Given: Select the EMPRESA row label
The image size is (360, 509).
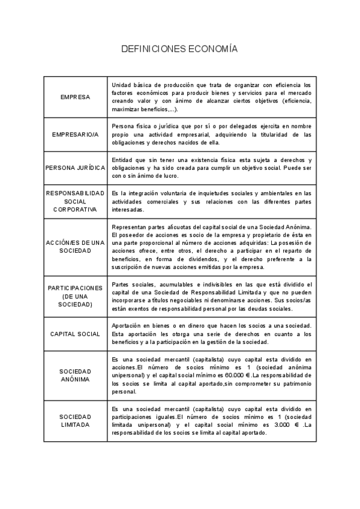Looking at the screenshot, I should point(76,97).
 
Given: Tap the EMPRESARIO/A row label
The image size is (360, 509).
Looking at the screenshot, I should point(76,134).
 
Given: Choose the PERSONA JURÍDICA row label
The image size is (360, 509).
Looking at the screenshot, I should point(76,168).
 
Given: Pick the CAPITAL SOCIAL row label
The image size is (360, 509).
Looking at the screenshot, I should point(76,334).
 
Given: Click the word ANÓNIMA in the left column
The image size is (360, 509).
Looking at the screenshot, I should point(76,379).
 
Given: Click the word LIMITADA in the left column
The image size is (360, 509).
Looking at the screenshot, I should point(76,424).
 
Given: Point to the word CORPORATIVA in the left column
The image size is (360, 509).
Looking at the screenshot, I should point(76,209).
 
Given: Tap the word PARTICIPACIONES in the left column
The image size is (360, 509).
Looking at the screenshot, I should point(76,288).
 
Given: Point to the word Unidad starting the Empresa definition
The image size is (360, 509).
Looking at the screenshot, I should point(121,85).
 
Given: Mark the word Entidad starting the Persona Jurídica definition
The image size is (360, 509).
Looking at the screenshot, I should point(123,160).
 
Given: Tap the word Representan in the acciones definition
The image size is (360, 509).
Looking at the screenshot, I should point(130,227).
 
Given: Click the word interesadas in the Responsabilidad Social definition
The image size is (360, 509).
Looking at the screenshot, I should point(127,210).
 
